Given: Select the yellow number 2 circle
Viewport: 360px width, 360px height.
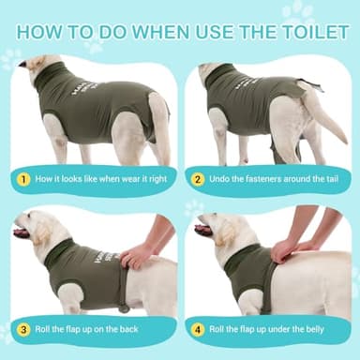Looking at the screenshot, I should (x=197, y=178).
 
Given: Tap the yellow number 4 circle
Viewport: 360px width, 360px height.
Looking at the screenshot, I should (x=197, y=328).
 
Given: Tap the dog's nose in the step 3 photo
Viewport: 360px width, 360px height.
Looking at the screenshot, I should (x=16, y=225).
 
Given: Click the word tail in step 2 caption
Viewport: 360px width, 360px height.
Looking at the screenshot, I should (x=332, y=178).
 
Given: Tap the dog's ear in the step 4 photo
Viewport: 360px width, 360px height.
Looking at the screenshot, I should (x=235, y=230).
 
